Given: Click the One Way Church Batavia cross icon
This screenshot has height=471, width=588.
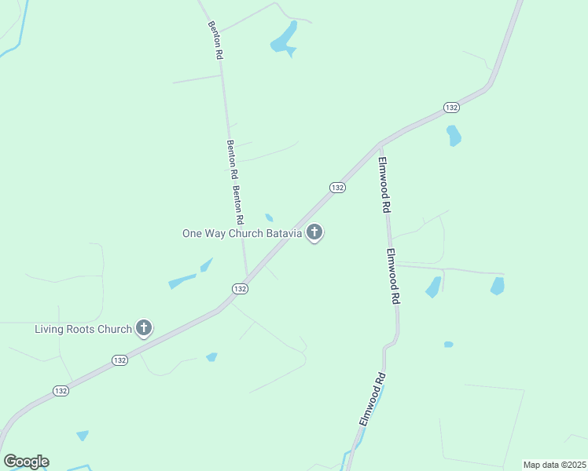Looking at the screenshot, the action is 314,232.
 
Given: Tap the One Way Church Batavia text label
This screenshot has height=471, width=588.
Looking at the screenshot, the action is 242,233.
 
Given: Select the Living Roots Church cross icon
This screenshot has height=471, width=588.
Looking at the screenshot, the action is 143,328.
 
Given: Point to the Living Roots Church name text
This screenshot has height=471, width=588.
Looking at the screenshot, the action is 83,329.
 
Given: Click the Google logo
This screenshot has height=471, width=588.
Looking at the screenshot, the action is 26,462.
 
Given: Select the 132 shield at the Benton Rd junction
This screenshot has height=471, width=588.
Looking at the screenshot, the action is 240,289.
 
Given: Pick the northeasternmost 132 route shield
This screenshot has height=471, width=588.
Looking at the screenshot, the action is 450,107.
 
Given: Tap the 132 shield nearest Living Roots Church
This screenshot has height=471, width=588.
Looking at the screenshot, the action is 119,360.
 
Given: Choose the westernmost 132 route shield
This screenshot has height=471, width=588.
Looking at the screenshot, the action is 61,390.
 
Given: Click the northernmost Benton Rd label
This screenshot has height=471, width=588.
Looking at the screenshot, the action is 215,41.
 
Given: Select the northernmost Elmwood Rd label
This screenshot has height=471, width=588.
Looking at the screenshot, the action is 384,185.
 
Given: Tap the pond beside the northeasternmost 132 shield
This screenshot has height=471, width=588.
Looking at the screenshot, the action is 454,136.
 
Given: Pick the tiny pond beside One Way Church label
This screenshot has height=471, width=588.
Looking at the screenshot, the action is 270,217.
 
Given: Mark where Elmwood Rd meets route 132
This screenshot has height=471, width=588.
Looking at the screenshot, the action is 380,144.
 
